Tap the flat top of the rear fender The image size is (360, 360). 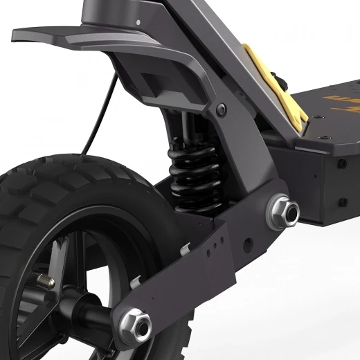click(83, 35)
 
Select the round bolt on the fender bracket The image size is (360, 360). click(221, 109)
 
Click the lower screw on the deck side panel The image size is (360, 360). click(341, 201)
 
